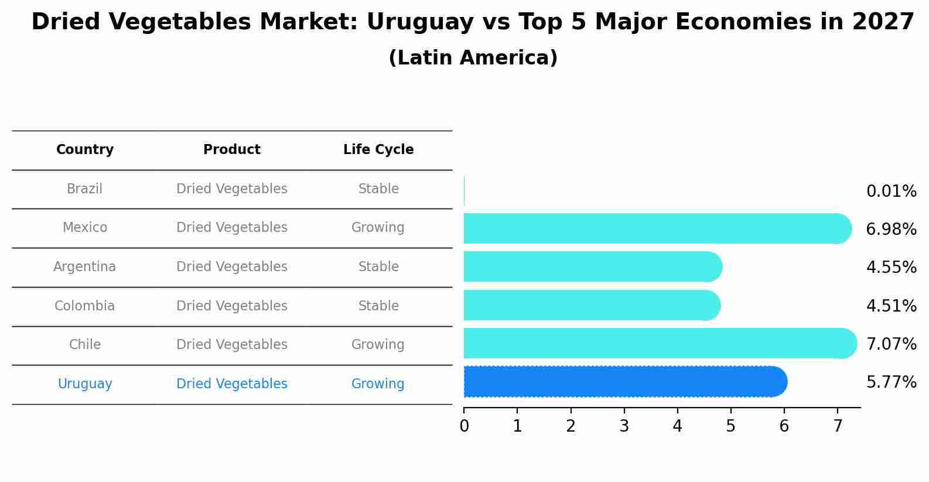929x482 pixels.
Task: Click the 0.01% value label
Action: coord(891,192)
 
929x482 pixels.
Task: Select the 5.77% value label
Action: coord(891,382)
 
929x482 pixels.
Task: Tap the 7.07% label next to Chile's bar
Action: coord(891,344)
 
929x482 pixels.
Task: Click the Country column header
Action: coord(85,150)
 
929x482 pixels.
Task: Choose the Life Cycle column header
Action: coord(378,150)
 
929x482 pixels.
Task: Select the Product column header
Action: coord(232,150)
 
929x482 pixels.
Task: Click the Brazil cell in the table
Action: coord(85,189)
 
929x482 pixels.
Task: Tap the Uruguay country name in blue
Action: coord(85,384)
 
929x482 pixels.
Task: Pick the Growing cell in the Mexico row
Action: coord(378,228)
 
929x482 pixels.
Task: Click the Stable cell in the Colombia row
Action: coord(378,306)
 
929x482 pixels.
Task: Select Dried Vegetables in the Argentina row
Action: coord(232,267)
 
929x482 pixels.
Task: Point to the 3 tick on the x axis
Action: coord(624,426)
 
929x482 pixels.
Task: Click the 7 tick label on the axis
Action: coord(838,426)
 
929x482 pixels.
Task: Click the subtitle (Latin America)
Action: coord(473,58)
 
